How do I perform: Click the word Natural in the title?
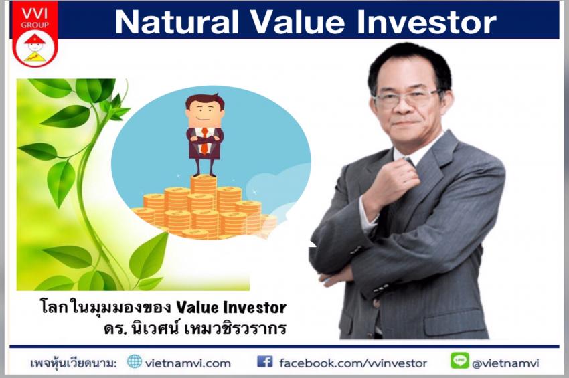[x=177, y=23]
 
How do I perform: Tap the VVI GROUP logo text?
[x=35, y=19]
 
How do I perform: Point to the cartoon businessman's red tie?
[x=205, y=141]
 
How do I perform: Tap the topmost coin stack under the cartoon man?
[x=204, y=185]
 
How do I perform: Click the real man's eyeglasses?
[x=406, y=98]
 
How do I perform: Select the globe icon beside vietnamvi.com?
[x=135, y=361]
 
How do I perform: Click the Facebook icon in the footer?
[x=265, y=361]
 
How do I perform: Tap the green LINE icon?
[x=459, y=361]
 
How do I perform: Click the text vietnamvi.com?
[x=187, y=363]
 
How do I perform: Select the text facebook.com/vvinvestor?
[x=353, y=363]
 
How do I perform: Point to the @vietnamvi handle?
[x=506, y=363]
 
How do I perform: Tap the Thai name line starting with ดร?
[x=195, y=328]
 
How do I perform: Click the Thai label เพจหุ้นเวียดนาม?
[x=74, y=363]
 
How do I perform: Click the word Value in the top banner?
[x=298, y=23]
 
